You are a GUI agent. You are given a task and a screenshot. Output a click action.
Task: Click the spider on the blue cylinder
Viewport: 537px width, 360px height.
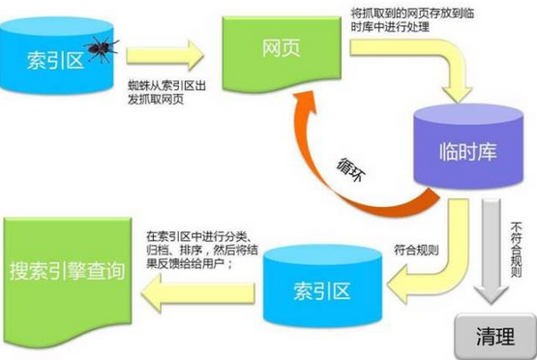101,48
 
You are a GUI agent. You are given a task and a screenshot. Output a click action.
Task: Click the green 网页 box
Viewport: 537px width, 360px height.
282,53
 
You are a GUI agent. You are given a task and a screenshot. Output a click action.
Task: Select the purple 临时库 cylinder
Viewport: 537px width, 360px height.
468,147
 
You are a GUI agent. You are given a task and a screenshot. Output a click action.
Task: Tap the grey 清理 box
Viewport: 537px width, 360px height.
494,337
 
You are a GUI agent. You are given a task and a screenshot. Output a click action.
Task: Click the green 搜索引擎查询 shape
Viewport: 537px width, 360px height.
68,274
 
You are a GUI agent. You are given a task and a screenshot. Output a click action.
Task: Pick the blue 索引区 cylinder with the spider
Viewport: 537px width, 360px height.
56,55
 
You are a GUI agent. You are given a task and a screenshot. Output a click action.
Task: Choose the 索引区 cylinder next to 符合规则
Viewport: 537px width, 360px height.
322,286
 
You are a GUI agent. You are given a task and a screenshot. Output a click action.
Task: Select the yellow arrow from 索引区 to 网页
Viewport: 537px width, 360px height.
165,55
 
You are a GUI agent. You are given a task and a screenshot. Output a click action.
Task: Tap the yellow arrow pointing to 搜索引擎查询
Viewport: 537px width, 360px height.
198,293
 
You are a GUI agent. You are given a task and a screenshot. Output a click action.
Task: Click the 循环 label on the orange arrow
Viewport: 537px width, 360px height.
350,170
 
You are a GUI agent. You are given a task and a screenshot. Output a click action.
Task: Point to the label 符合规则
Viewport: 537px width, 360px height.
416,250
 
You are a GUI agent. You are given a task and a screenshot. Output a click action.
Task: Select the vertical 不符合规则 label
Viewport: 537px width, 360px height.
516,250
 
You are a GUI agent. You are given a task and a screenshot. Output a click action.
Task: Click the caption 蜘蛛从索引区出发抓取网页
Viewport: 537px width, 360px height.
166,93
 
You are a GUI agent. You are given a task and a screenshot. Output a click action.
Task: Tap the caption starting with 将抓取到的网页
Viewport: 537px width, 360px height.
412,20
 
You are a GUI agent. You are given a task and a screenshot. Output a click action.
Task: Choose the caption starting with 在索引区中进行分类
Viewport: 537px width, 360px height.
202,250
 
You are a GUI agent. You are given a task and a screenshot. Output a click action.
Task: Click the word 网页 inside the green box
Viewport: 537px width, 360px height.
282,48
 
